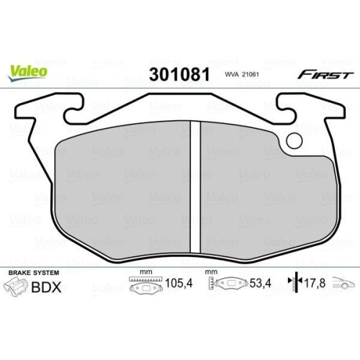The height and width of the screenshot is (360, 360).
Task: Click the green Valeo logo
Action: pyautogui.click(x=28, y=70)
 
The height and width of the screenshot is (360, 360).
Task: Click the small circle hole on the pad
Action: pyautogui.click(x=293, y=141)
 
